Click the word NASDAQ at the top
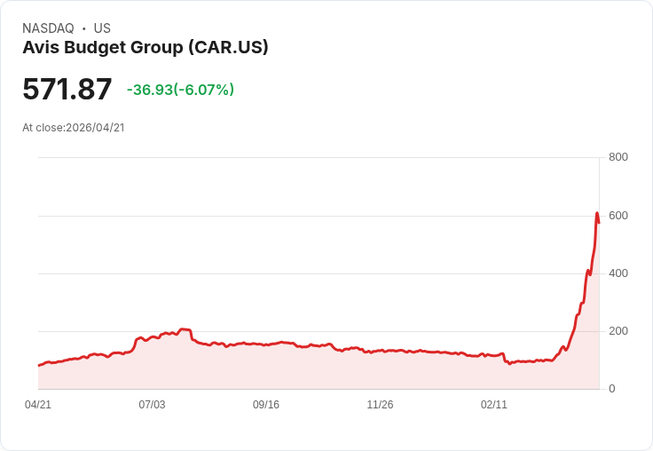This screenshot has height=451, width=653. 48,28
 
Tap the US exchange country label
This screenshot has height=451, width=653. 102,28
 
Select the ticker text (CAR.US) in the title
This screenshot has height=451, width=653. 228,47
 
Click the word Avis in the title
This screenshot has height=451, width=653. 39,47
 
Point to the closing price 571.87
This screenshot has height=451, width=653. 67,90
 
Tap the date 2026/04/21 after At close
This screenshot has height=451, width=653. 95,128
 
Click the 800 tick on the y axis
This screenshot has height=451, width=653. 618,157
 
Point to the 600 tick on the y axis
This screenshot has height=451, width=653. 618,216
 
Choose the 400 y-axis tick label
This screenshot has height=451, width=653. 618,273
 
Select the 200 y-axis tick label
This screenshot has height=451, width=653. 618,331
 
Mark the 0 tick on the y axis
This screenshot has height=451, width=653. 612,389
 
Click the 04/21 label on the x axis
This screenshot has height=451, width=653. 38,405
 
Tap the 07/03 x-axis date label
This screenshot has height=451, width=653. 152,405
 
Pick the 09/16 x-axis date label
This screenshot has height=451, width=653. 266,405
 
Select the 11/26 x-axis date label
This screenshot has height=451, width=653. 380,405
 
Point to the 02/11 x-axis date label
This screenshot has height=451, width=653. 494,405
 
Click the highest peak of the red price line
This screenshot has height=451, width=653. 597,213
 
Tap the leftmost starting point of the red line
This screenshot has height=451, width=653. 39,365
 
